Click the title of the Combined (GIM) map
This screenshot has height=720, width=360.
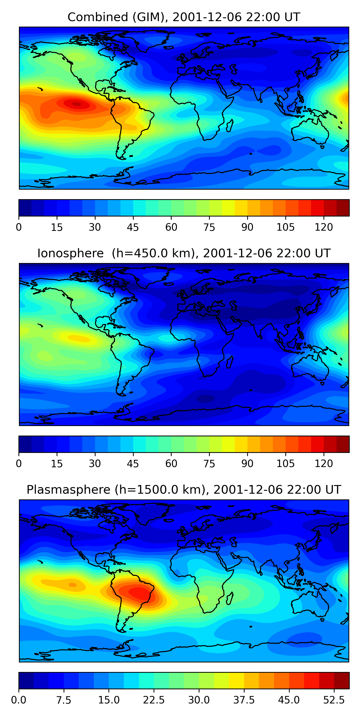tap(184, 17)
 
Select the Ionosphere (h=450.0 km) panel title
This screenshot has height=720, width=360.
tap(184, 253)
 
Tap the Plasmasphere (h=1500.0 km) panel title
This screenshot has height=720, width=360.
tap(184, 490)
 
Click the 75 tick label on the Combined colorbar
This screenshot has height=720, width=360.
tap(209, 227)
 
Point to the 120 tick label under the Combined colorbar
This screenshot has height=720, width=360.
tap(324, 227)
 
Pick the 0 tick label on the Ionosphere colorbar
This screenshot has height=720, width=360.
tap(19, 463)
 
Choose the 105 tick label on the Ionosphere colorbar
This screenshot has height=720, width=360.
tap(285, 463)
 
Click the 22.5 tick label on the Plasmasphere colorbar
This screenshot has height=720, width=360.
tap(154, 700)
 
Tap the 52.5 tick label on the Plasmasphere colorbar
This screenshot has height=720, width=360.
tap(334, 700)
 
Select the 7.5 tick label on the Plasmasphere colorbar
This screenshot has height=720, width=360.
tap(64, 700)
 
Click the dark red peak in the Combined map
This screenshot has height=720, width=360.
tap(76, 104)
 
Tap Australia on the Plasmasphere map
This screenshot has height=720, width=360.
tap(310, 604)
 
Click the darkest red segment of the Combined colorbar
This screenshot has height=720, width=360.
tap(343, 208)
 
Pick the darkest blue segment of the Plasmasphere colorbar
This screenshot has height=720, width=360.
tap(26, 680)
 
